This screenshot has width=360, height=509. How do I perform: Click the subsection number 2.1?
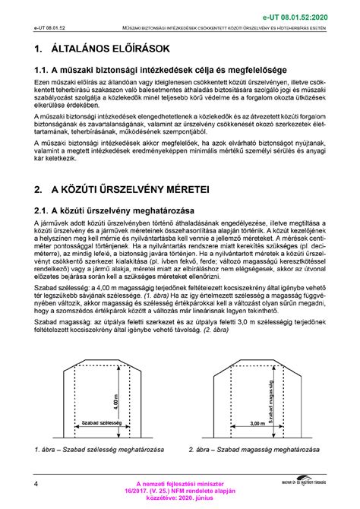45,210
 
